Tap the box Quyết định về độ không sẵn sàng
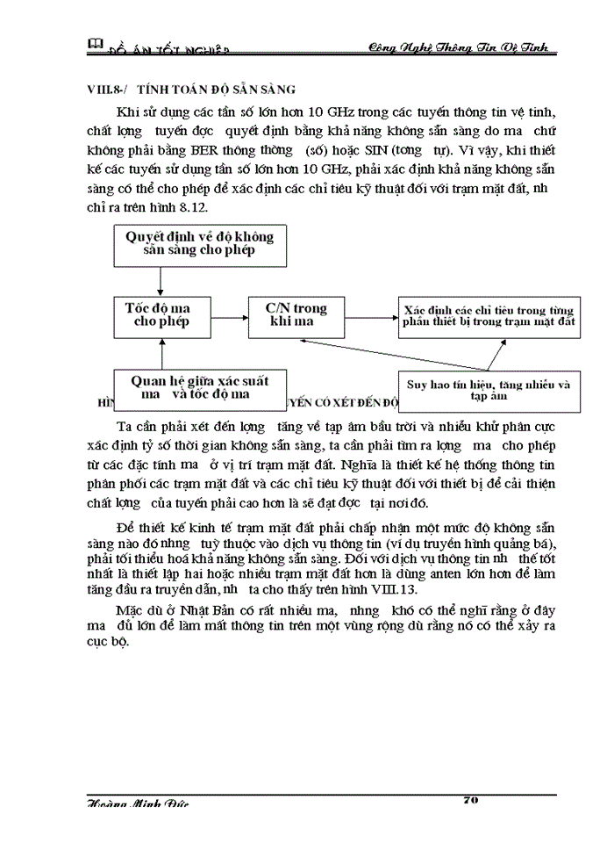coord(199,243)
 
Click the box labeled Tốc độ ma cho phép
coord(160,315)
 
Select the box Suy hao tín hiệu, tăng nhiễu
coord(489,389)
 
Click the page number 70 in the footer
coord(469,801)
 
